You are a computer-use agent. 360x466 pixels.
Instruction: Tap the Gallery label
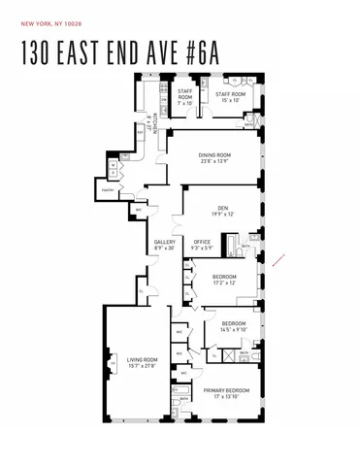click(x=164, y=244)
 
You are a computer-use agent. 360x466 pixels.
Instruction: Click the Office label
click(x=202, y=244)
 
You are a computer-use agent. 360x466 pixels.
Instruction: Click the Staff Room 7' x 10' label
click(x=184, y=94)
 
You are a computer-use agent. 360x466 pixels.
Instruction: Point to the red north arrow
click(x=281, y=259)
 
